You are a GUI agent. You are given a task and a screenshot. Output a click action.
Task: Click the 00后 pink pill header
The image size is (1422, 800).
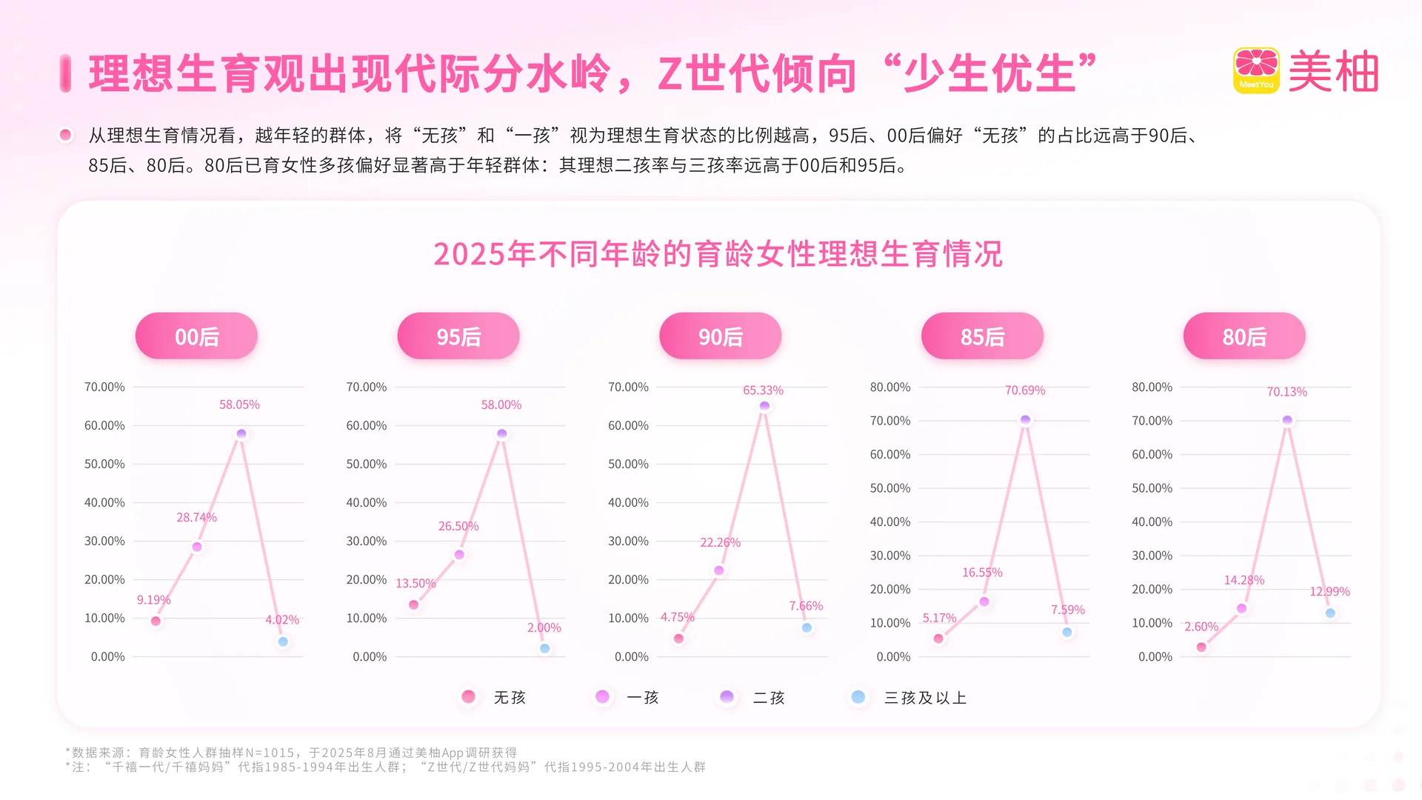pyautogui.click(x=196, y=336)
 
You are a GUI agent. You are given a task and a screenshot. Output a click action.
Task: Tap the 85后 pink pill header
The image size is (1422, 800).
pyautogui.click(x=982, y=336)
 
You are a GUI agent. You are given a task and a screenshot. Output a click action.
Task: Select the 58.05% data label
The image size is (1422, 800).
pyautogui.click(x=239, y=404)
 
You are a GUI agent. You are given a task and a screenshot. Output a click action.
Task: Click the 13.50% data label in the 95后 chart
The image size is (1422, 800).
pyautogui.click(x=415, y=584)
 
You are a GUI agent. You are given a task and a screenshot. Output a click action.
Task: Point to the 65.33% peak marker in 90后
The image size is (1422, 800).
pyautogui.click(x=764, y=406)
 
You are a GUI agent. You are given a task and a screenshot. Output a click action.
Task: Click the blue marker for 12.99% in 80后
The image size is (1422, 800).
pyautogui.click(x=1330, y=613)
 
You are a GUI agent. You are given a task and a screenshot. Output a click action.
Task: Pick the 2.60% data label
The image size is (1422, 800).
pyautogui.click(x=1201, y=627)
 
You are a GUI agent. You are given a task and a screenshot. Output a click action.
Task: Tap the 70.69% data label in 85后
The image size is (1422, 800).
pyautogui.click(x=1024, y=390)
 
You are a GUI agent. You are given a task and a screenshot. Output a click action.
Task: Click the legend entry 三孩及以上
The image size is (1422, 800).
pyautogui.click(x=925, y=698)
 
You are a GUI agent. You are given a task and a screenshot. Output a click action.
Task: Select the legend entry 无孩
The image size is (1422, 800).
pyautogui.click(x=509, y=698)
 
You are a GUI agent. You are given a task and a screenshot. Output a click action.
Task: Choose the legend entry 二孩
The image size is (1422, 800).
pyautogui.click(x=768, y=698)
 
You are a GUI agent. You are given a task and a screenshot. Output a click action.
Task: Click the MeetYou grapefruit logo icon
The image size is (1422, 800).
pyautogui.click(x=1256, y=70)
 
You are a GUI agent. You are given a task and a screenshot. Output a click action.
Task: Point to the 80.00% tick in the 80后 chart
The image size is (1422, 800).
pyautogui.click(x=1152, y=387)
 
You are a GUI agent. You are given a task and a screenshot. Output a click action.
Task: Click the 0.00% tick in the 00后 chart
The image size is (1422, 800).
pyautogui.click(x=107, y=657)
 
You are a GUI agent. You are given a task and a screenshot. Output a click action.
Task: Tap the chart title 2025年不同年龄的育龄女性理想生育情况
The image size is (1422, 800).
pyautogui.click(x=718, y=254)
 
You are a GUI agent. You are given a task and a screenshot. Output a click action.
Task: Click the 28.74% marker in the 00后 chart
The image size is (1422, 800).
pyautogui.click(x=197, y=547)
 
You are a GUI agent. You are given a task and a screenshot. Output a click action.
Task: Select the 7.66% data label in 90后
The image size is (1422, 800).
pyautogui.click(x=806, y=606)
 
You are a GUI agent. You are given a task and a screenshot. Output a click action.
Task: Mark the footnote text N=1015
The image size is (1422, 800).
pyautogui.click(x=270, y=753)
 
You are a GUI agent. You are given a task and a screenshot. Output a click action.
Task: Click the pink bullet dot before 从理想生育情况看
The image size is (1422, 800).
pyautogui.click(x=66, y=135)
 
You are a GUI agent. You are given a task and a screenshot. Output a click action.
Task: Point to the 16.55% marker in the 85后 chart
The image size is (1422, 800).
pyautogui.click(x=984, y=601)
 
